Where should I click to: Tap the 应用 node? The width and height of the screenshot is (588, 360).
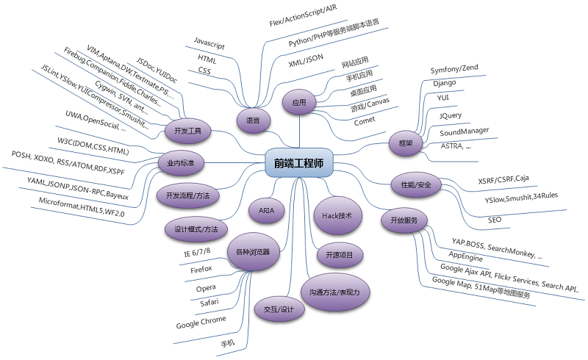click(x=298, y=102)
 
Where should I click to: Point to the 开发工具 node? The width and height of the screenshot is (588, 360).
click(x=187, y=132)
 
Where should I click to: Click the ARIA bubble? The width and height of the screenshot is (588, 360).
click(x=267, y=209)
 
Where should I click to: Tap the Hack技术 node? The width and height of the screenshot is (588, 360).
click(x=338, y=216)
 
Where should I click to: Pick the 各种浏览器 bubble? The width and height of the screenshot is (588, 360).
click(x=253, y=251)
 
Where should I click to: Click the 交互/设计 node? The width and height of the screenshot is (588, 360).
click(x=273, y=309)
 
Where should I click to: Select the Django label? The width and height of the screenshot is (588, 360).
click(x=445, y=83)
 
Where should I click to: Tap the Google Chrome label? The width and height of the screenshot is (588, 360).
click(x=201, y=325)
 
